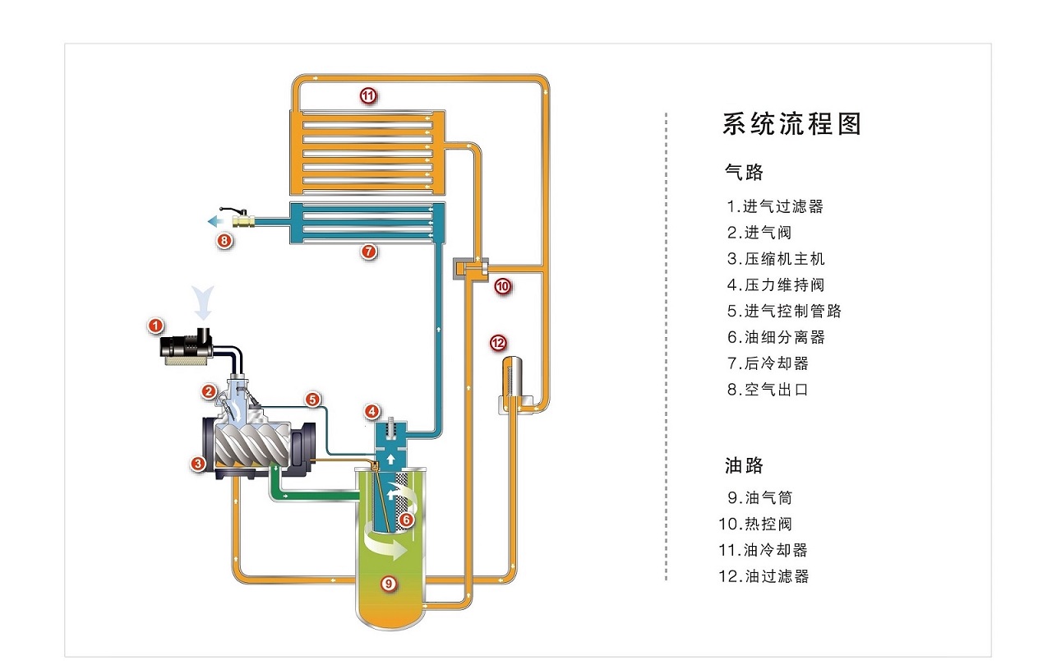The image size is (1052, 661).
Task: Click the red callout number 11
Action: click(x=367, y=96)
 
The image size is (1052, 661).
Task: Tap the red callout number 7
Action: click(x=369, y=252)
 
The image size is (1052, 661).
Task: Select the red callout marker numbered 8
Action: click(x=224, y=241)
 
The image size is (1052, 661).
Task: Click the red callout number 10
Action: click(x=502, y=286)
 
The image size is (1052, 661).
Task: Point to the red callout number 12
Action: click(x=497, y=343)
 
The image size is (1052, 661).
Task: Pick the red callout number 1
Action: click(x=155, y=326)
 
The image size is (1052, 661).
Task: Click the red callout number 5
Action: click(x=312, y=400)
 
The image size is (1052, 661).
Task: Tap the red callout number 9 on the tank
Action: click(x=389, y=584)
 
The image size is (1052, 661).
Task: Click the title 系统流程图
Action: click(x=791, y=124)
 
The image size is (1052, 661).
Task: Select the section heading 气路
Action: click(x=744, y=173)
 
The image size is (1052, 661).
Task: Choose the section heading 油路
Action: click(x=744, y=466)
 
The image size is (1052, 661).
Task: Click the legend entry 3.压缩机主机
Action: click(x=775, y=259)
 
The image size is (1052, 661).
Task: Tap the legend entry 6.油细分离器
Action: click(x=775, y=337)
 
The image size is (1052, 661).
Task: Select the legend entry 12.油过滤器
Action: click(x=764, y=576)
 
